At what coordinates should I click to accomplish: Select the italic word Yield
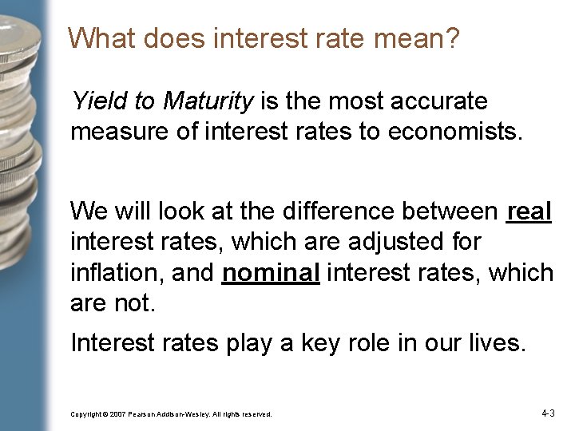coord(94,101)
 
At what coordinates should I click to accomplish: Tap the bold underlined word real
coord(529,212)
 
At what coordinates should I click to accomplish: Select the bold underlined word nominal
coord(272,273)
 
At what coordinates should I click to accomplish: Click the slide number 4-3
coord(549,413)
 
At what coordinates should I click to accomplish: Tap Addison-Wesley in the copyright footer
coord(184,415)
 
